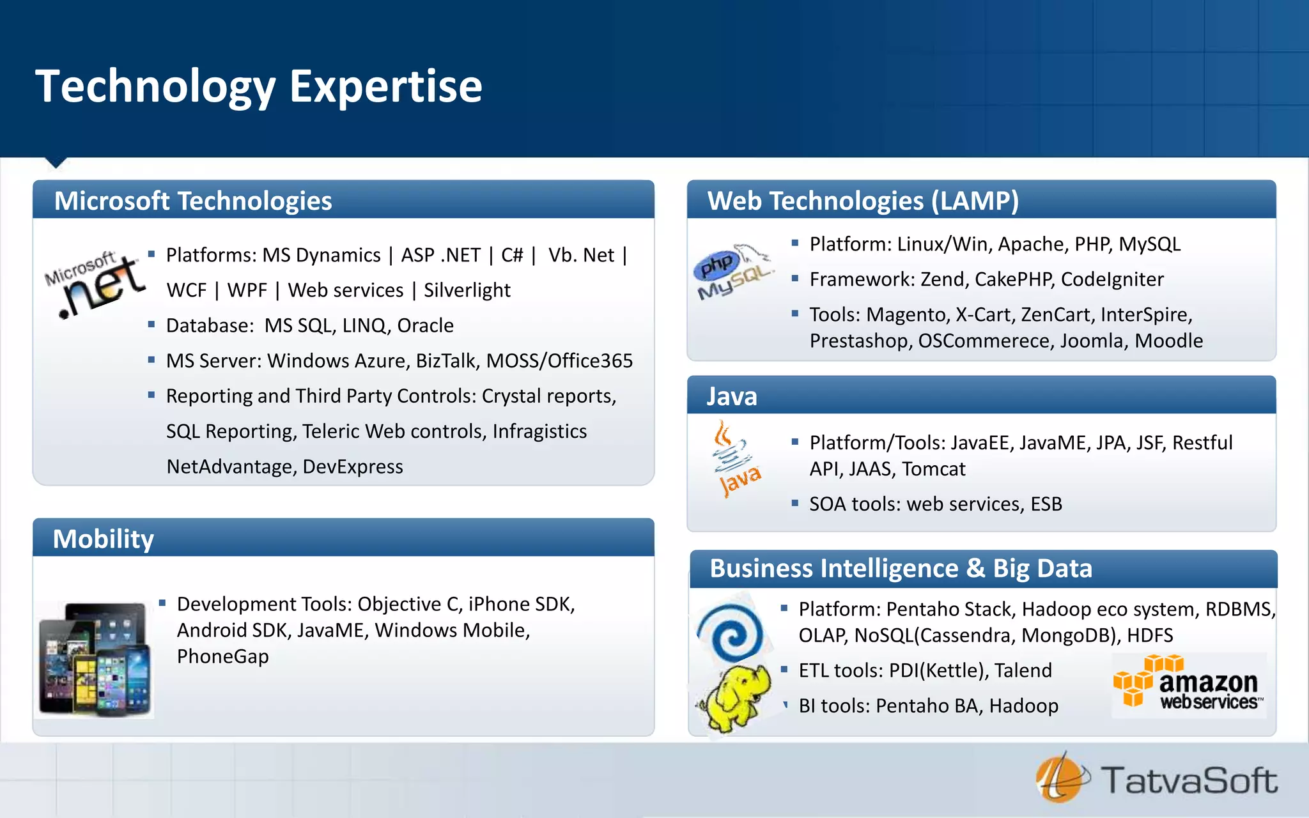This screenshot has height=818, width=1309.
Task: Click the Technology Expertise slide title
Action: (x=259, y=86)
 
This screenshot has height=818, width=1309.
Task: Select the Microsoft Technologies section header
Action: (x=193, y=201)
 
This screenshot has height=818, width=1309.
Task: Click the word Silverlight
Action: (x=467, y=290)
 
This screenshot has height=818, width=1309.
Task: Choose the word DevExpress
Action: (x=352, y=467)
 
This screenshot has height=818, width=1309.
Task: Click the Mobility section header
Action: (x=104, y=539)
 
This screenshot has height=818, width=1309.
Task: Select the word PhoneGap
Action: (x=222, y=656)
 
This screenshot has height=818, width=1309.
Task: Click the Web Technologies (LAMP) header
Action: (x=863, y=201)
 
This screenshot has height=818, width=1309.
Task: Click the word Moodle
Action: (x=1168, y=341)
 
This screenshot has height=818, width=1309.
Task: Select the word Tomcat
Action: (x=933, y=469)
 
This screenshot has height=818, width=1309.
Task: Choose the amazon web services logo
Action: (x=1189, y=685)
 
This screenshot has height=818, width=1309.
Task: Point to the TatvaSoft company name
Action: (x=1189, y=781)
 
